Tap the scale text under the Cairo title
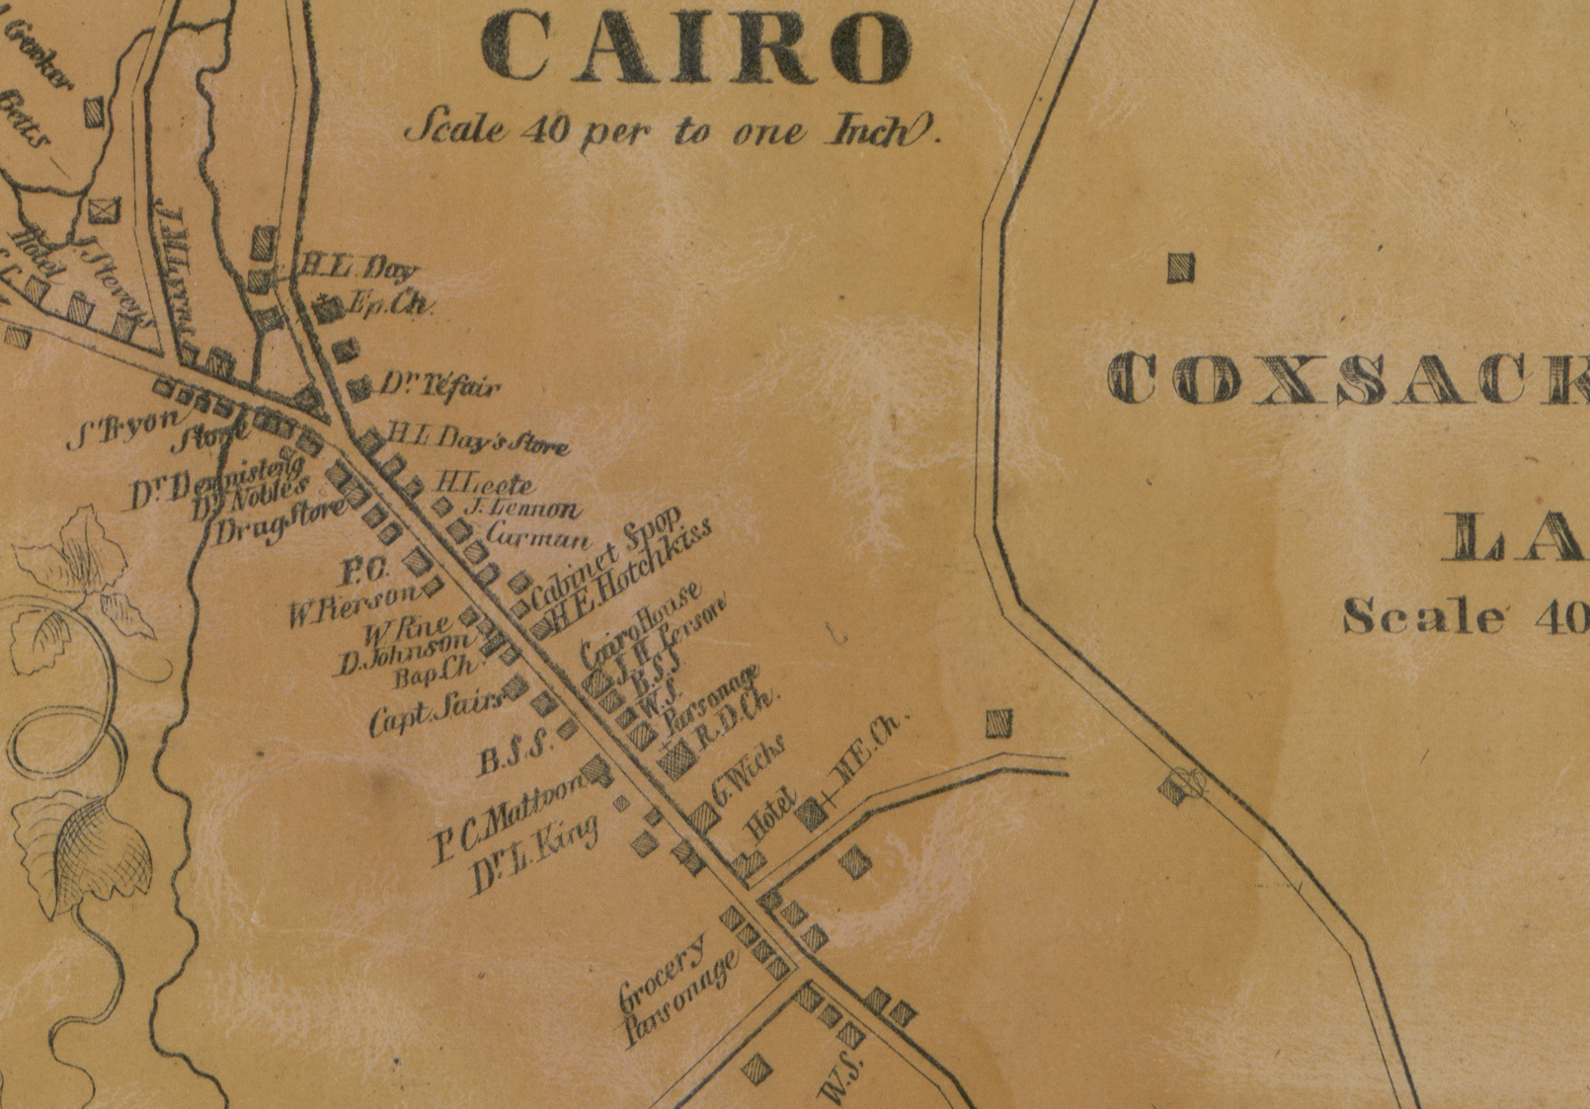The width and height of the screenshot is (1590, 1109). coord(672,130)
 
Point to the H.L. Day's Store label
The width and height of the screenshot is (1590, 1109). coord(478,438)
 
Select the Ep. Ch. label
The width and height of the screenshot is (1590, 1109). coord(392,305)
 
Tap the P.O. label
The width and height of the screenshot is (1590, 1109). coord(367,570)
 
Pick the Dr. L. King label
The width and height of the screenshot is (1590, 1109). coord(533,854)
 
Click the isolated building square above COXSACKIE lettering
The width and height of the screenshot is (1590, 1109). coord(1180,268)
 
